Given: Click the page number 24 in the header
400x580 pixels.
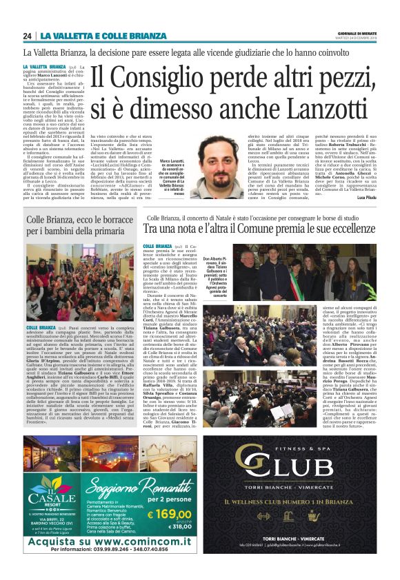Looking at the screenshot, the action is (28, 36).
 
